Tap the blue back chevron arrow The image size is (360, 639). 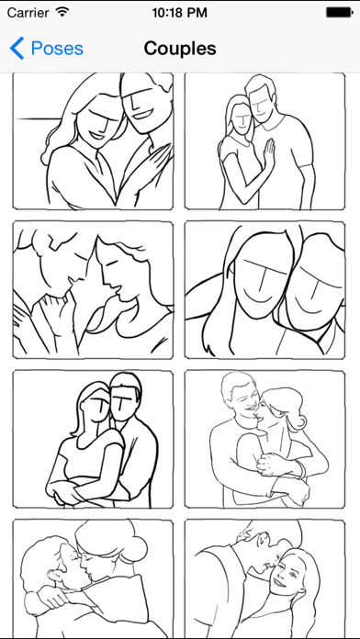pos(17,48)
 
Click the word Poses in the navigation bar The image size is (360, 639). pos(57,49)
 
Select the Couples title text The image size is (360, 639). pos(180,49)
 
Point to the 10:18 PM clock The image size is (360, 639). pos(179,13)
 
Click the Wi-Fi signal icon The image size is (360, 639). pos(62,12)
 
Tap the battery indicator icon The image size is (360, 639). pos(340,13)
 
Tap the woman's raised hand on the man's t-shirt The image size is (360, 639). pos(269,152)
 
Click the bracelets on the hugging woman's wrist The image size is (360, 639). pos(300,468)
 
